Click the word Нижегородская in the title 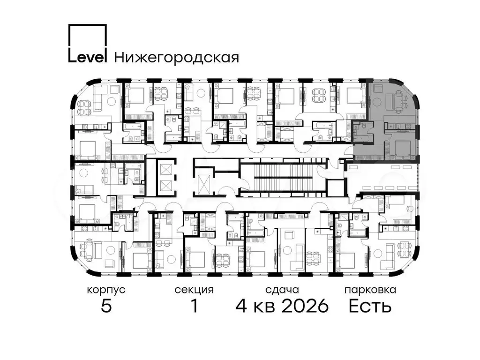tap(177, 57)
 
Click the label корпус tap(106, 290)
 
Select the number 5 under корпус tap(106, 306)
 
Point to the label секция tap(194, 290)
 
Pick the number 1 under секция tap(194, 306)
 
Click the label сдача tap(282, 290)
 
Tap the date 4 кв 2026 tap(282, 306)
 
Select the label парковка tap(370, 290)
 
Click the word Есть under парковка tap(370, 306)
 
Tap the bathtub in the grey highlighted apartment tap(363, 139)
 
